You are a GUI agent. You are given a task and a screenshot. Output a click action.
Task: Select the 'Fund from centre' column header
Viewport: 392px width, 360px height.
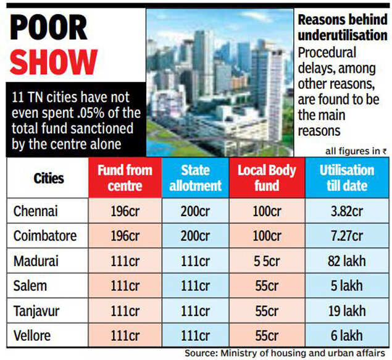pyautogui.click(x=124, y=178)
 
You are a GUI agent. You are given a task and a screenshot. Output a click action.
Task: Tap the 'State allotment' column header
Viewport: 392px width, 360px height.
pyautogui.click(x=195, y=178)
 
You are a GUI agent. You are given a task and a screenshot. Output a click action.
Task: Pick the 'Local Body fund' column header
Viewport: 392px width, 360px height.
pyautogui.click(x=267, y=178)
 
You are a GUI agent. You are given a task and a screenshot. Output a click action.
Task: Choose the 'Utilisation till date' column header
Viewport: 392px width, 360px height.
pyautogui.click(x=346, y=178)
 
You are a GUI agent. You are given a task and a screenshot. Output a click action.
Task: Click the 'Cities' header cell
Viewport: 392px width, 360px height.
pyautogui.click(x=48, y=178)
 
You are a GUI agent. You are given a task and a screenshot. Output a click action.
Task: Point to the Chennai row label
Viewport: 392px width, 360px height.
pyautogui.click(x=36, y=212)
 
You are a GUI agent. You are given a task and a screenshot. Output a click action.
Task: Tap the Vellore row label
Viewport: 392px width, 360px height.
pyautogui.click(x=33, y=335)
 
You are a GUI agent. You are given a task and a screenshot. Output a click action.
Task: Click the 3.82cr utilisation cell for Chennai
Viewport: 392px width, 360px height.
pyautogui.click(x=346, y=212)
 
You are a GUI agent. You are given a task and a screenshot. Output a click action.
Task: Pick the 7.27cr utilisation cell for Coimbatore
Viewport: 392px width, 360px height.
pyautogui.click(x=346, y=237)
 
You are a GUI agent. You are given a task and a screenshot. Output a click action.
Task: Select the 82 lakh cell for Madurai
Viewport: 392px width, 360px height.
pyautogui.click(x=346, y=261)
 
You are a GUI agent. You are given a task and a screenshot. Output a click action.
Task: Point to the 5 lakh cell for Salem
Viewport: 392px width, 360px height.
pyautogui.click(x=346, y=286)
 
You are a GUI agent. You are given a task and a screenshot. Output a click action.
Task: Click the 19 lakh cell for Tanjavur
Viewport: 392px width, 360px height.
pyautogui.click(x=346, y=311)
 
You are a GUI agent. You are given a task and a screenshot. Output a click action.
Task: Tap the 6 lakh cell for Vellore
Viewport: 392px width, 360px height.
pyautogui.click(x=346, y=335)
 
